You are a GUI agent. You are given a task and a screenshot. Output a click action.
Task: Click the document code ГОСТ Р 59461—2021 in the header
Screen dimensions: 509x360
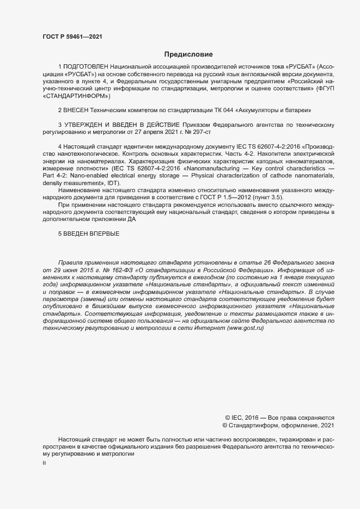(x=72, y=36)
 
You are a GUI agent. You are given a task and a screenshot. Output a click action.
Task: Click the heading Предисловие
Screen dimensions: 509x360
(x=188, y=54)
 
